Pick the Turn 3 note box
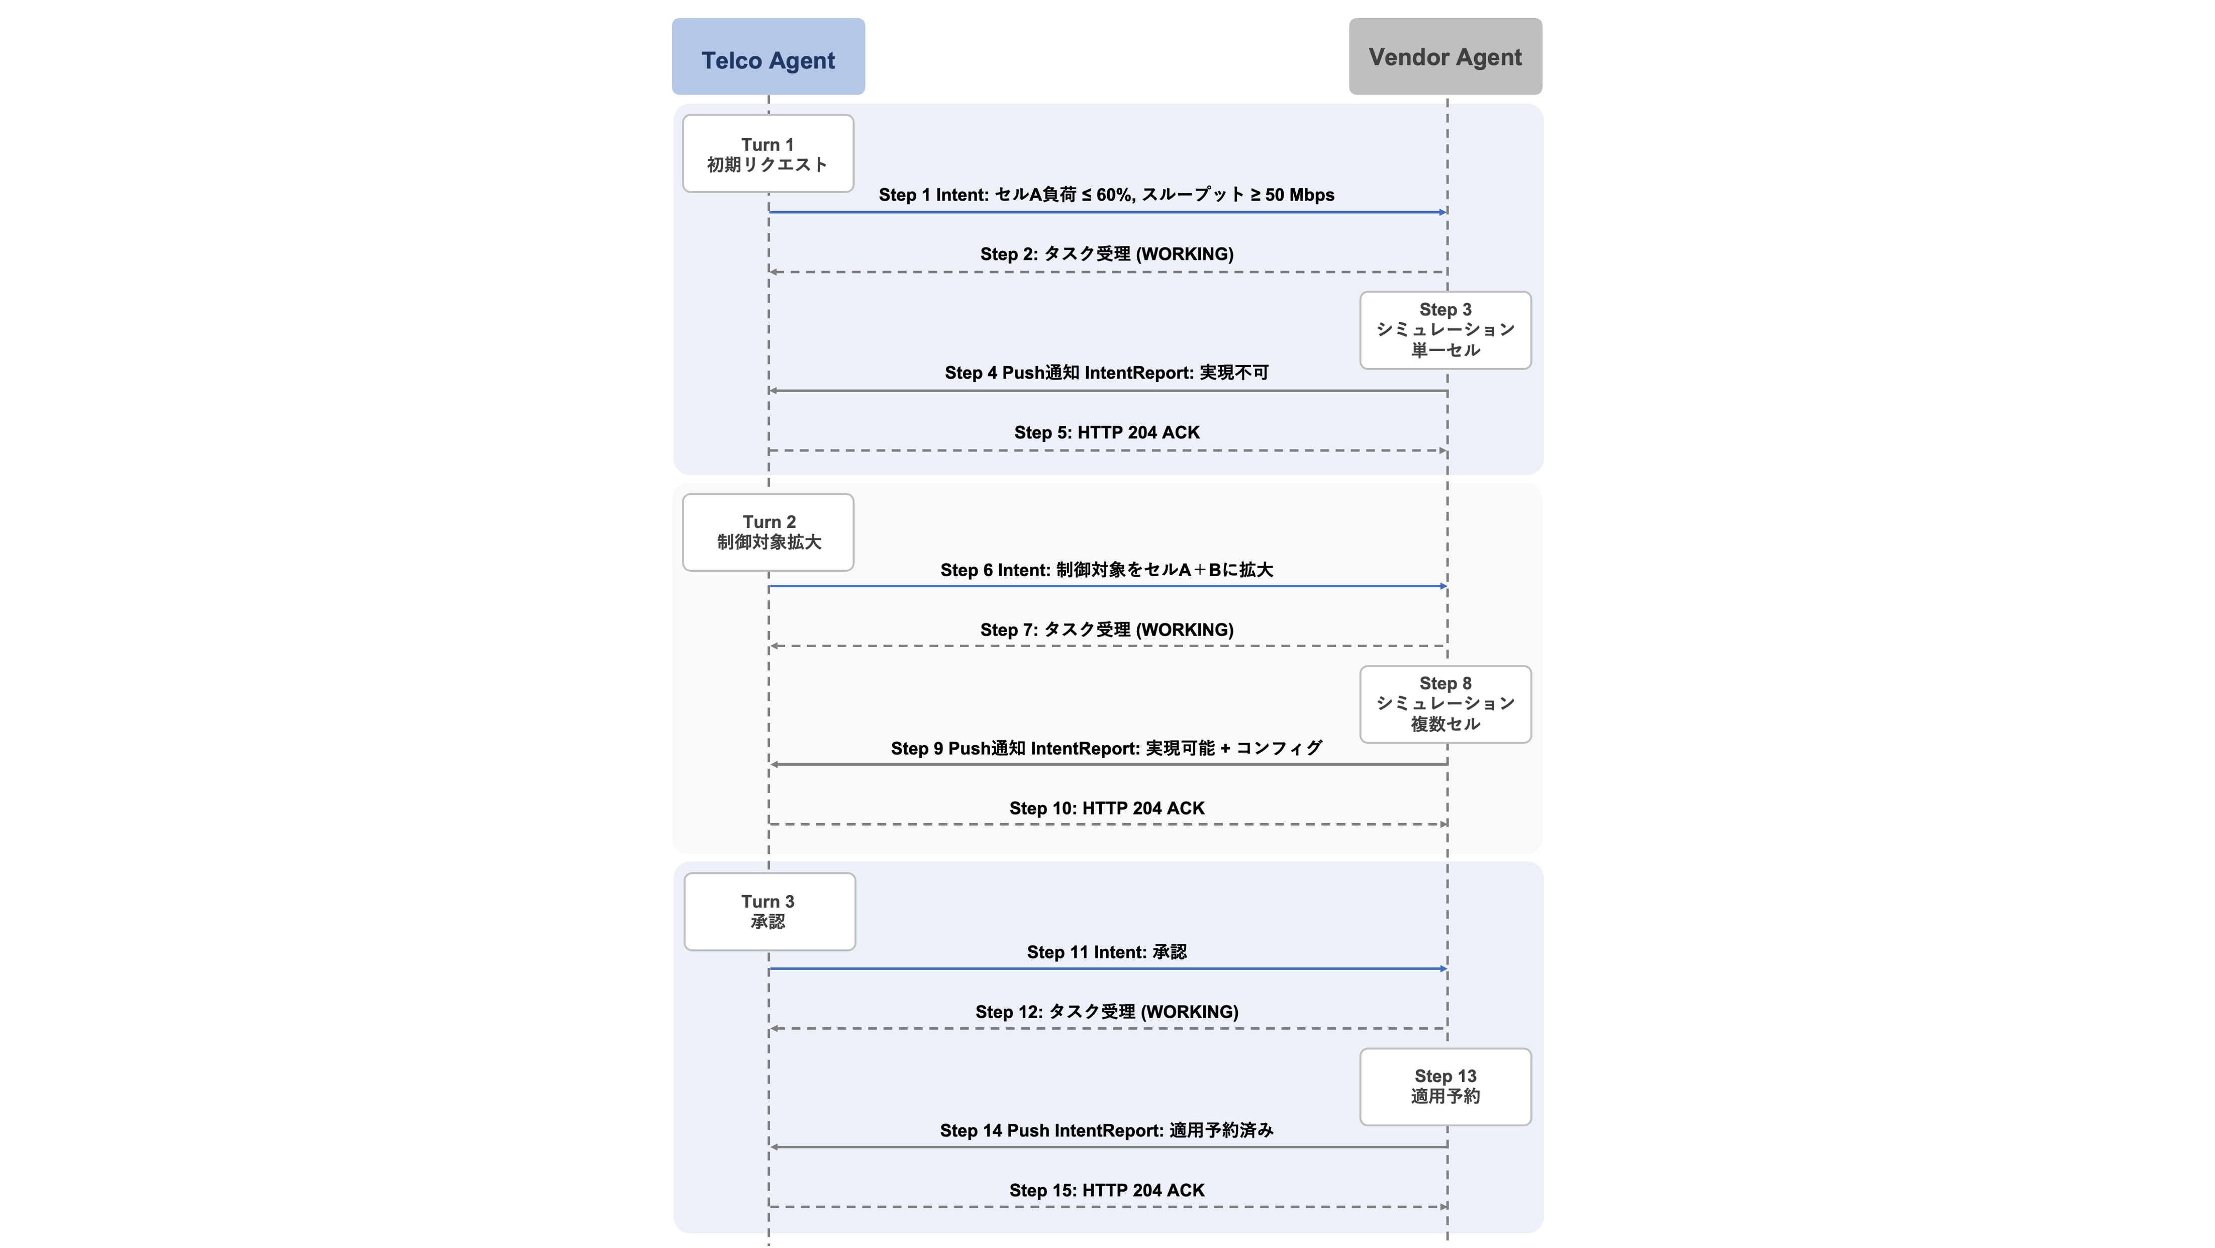click(x=769, y=912)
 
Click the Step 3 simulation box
click(x=1446, y=330)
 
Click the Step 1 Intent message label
click(x=1107, y=195)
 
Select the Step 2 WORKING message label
click(x=1107, y=254)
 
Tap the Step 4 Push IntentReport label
click(x=1107, y=373)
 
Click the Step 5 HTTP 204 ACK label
click(x=1107, y=432)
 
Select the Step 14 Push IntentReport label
click(x=1107, y=1131)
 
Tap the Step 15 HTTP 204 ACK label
click(x=1107, y=1190)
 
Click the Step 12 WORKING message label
click(x=1107, y=1012)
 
